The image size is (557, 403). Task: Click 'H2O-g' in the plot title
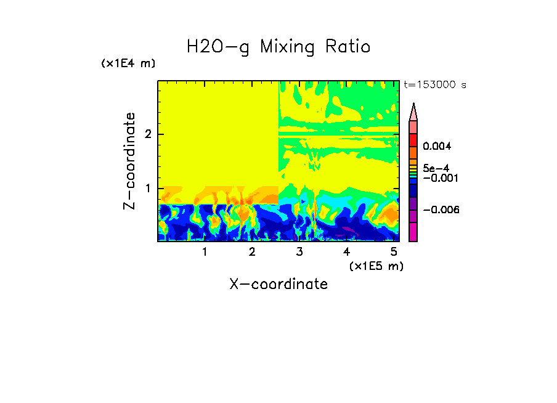(x=218, y=47)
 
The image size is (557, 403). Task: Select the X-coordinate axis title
(x=278, y=284)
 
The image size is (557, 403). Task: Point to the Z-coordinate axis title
(x=129, y=161)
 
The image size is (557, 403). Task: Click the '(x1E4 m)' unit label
(x=128, y=63)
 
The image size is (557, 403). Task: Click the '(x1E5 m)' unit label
(x=376, y=266)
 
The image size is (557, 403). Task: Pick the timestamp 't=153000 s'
(x=434, y=84)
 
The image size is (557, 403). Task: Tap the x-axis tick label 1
(x=205, y=252)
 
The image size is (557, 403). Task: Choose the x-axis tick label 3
(x=299, y=252)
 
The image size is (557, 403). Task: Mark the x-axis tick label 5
(x=394, y=252)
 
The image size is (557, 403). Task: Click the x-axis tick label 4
(x=346, y=252)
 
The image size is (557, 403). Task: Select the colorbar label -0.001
(x=437, y=178)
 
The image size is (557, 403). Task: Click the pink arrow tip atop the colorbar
(x=413, y=111)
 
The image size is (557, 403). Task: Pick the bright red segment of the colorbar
(x=413, y=140)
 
